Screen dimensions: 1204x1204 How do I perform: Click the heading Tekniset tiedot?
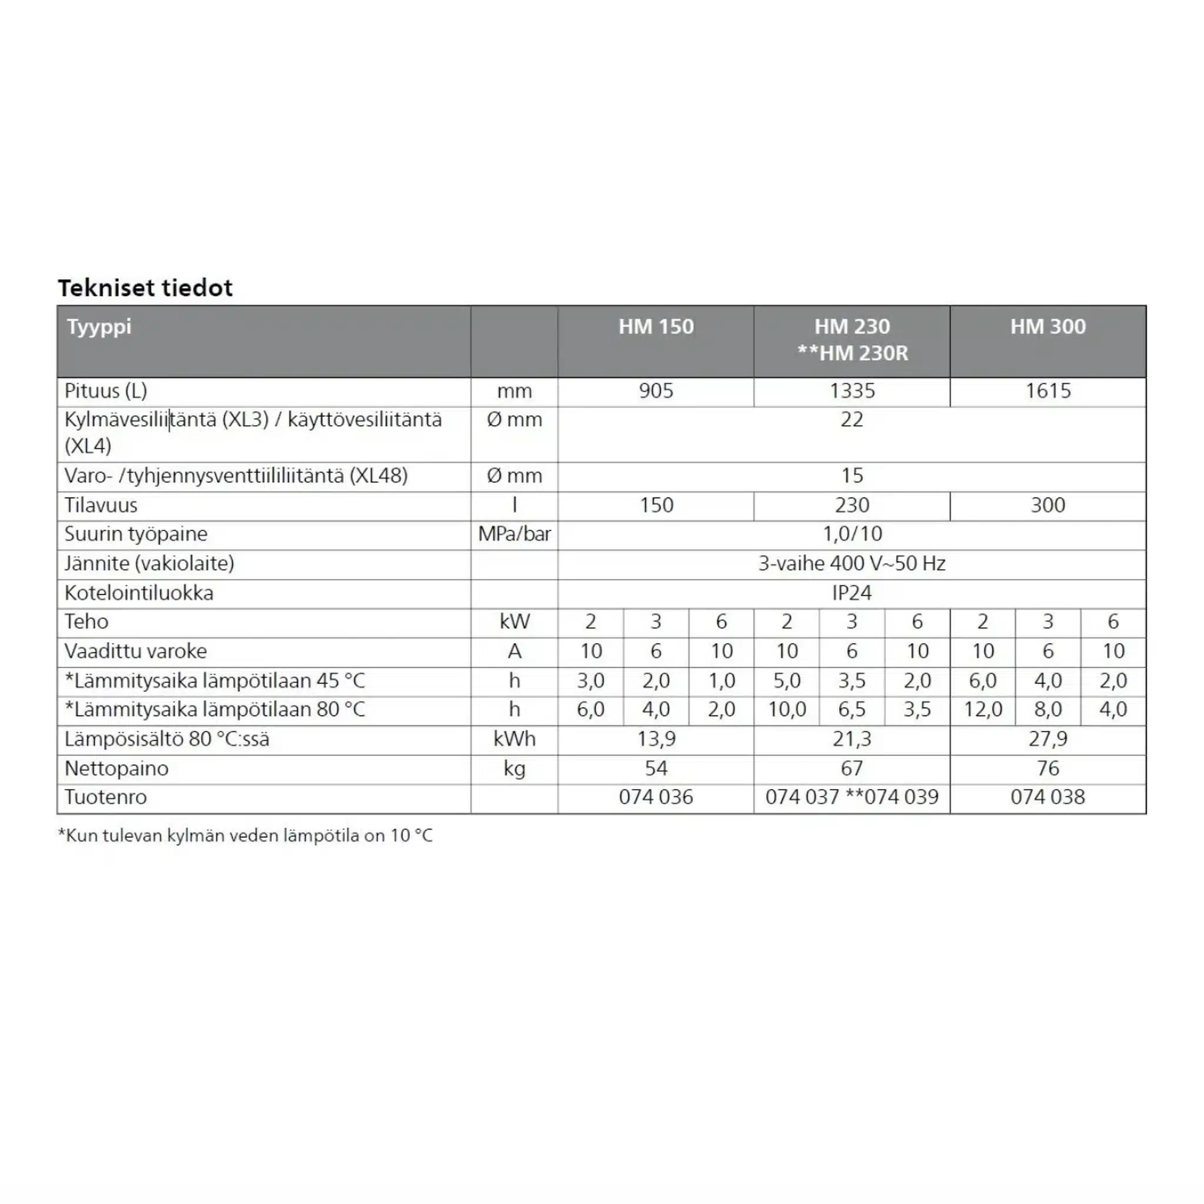coord(145,288)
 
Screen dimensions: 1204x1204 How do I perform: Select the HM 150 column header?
coord(655,326)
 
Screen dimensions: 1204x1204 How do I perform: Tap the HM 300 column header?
coord(1048,326)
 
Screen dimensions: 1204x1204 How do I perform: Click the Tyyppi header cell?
coord(99,326)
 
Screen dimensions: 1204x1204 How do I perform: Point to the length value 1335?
coord(852,391)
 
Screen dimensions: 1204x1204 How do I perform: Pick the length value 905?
coord(655,391)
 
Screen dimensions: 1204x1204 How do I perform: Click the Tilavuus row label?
coord(101,505)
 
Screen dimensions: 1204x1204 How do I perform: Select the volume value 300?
coord(1048,505)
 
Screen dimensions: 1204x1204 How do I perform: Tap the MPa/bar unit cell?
coord(514,534)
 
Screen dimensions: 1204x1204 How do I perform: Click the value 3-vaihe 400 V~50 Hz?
coord(851,563)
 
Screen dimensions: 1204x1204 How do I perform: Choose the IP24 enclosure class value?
coord(851,593)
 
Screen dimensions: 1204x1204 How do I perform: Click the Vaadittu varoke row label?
coord(135,651)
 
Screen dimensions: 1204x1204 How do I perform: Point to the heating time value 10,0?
coord(787,709)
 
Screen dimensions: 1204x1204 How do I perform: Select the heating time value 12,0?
coord(983,709)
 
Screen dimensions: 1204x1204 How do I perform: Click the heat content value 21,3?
coord(852,738)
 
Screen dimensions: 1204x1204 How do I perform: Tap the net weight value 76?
coord(1048,768)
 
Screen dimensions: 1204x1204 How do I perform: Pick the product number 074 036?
coord(655,797)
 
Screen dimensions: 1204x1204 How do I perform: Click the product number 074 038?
coord(1048,797)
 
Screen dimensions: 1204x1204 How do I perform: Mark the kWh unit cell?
coord(514,738)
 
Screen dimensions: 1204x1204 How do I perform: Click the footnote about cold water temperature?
coord(245,836)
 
